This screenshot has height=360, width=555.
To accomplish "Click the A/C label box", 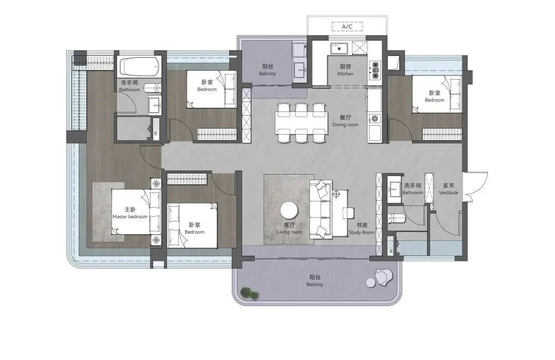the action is [x=347, y=27].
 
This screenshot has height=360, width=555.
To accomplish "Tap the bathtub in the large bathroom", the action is [x=138, y=67].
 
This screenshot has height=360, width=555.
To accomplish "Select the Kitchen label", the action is [x=345, y=70].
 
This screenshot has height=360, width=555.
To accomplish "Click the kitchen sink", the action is [x=339, y=48].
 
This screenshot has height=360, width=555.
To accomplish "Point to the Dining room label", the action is [x=345, y=121].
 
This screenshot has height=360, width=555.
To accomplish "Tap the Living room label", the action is [x=289, y=229].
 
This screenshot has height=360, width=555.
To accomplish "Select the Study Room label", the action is [x=361, y=229].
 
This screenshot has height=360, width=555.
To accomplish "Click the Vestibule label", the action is [x=449, y=189].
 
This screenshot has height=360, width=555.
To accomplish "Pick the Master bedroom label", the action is [x=130, y=213].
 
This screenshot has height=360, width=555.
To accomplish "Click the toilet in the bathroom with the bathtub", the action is [x=154, y=87].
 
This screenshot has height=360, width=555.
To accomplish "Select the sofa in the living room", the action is [x=321, y=209].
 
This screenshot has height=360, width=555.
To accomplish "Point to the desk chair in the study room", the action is [x=348, y=213].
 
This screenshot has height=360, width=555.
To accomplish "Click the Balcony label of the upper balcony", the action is [x=267, y=70].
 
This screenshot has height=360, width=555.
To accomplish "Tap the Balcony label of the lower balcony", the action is [x=314, y=281].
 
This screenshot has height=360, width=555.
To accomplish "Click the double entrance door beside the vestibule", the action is [x=475, y=187].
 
